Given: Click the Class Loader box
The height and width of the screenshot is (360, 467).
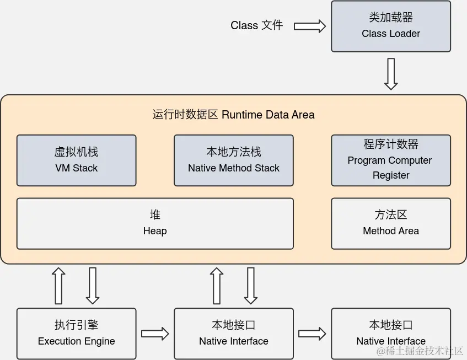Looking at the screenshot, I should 391,26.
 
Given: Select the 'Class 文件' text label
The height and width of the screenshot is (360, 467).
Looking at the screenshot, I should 256,25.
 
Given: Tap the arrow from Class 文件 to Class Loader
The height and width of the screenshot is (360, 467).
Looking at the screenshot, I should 309,26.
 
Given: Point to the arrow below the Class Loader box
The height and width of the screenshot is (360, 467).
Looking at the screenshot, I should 391,73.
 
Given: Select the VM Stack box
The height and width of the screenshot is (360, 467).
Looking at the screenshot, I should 76,160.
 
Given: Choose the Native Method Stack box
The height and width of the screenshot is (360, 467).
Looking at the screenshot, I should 233,160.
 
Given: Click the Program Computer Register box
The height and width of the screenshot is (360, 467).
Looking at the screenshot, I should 391,160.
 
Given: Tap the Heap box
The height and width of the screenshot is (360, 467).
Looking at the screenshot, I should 155,223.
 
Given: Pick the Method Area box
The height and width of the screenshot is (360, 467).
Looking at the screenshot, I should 391,223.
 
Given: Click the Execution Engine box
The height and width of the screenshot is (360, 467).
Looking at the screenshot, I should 76,334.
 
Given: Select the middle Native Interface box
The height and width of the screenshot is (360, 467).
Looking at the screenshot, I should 233,334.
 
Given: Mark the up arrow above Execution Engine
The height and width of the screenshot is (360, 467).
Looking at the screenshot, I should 58,286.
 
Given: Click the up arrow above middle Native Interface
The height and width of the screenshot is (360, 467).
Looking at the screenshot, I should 217,286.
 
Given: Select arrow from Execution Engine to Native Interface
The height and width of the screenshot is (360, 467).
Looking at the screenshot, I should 155,334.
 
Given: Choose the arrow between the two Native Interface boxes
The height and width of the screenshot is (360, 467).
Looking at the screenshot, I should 312,334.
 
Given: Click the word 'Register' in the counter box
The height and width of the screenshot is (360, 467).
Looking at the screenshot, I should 391,175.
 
